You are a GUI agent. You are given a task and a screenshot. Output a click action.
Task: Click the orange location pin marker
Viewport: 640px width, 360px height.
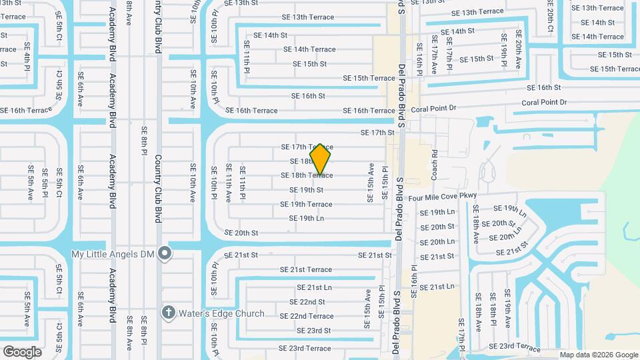(321, 159)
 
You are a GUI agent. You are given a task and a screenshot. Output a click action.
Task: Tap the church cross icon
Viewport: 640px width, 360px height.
(168, 313)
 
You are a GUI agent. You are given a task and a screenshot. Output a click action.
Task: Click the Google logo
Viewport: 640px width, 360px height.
(22, 351)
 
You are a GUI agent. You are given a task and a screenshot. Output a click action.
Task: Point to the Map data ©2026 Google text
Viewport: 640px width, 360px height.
(598, 355)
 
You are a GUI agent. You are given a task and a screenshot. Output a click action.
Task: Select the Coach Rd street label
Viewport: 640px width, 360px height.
(435, 161)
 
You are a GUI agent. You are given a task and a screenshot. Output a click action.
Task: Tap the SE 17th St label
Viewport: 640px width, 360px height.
(377, 133)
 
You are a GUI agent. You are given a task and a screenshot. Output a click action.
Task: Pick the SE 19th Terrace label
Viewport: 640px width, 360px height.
(311, 204)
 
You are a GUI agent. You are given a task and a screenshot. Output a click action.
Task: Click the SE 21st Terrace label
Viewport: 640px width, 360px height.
(305, 269)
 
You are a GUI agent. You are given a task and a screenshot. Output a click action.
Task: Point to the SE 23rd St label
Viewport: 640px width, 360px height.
(314, 331)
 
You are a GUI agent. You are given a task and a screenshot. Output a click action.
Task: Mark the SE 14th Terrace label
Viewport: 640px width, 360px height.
(309, 49)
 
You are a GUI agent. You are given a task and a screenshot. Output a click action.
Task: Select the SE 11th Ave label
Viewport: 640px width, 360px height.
(228, 183)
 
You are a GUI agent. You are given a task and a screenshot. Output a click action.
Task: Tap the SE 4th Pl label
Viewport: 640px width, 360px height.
(28, 57)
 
